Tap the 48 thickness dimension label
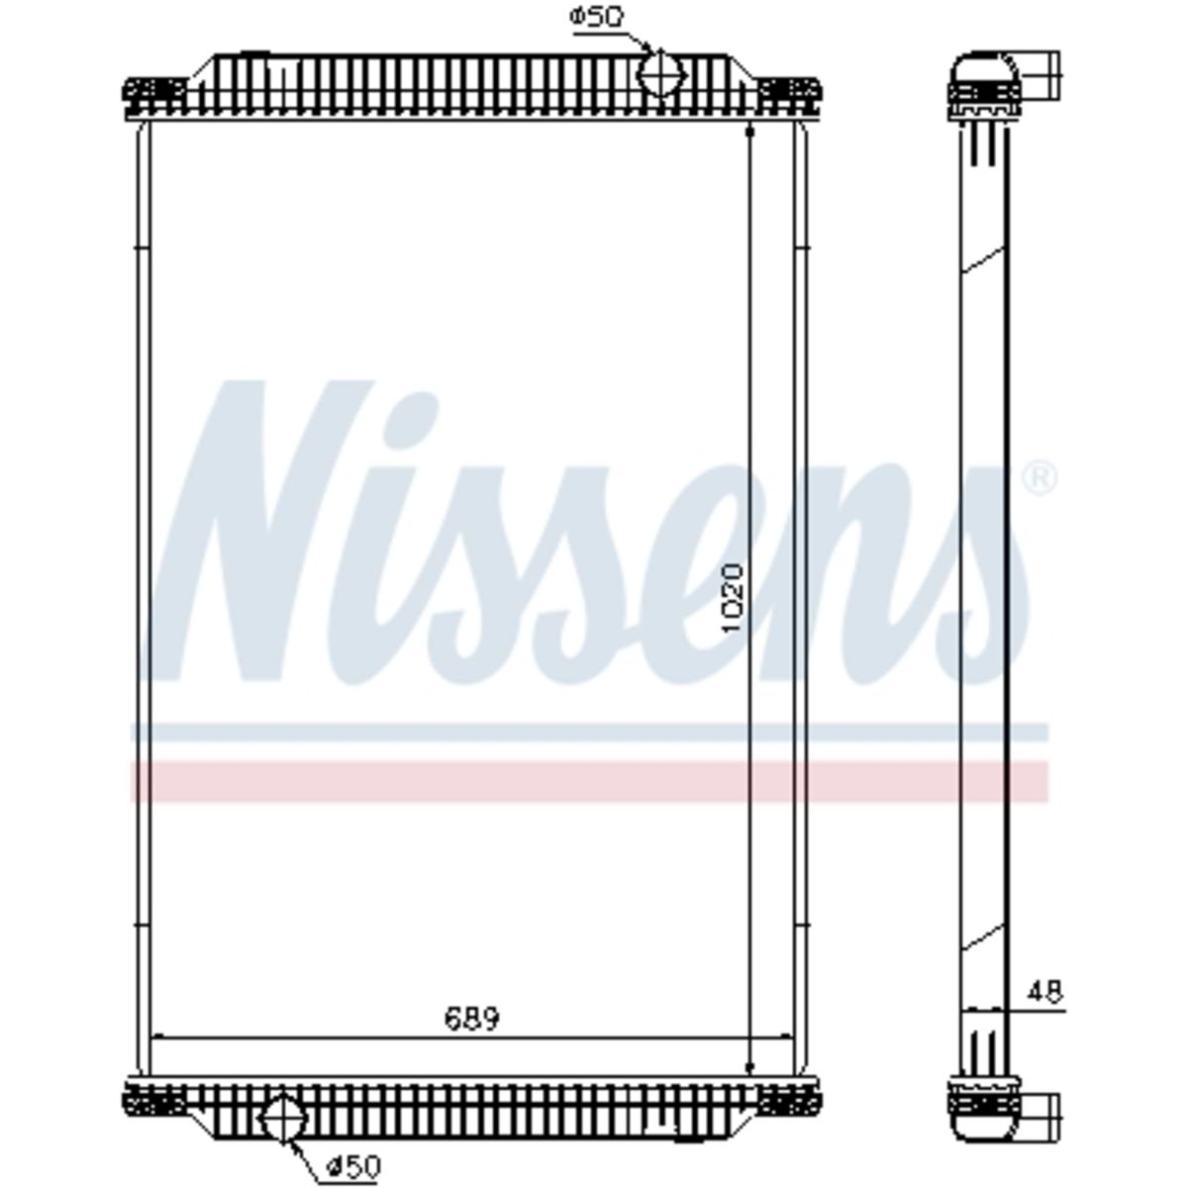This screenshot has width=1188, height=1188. tap(1045, 993)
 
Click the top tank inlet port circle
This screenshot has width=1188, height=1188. tap(661, 74)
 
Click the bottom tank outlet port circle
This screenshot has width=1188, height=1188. tap(282, 1119)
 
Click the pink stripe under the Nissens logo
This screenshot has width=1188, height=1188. tap(589, 781)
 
